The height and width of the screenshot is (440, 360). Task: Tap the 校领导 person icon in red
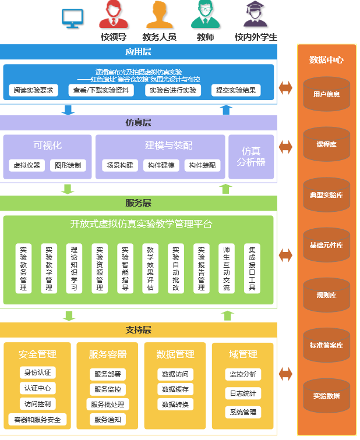pos(114,15)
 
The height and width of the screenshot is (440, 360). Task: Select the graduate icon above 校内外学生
pos(255,15)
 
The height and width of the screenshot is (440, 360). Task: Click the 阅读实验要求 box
pos(34,90)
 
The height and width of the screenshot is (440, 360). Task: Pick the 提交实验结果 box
pos(235,90)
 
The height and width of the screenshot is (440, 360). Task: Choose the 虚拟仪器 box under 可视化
pos(27,165)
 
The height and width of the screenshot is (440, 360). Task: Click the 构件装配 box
pos(203,165)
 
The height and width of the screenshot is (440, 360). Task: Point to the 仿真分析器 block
pos(251,157)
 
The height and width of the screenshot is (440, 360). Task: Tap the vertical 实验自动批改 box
pos(175,268)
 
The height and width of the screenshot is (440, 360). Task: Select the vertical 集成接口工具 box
pos(252,268)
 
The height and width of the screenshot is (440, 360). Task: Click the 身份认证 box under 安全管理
pos(38,372)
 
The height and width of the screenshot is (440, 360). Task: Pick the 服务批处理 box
pos(107,404)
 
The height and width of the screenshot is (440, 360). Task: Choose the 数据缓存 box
pos(175,389)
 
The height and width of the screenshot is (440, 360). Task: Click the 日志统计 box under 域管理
pos(242,393)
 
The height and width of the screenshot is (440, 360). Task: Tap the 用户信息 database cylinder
pos(326,94)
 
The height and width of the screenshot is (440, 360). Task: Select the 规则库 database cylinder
pos(326,295)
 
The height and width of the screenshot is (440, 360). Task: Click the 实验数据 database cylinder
pos(326,396)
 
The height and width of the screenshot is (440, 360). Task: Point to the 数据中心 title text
pos(326,60)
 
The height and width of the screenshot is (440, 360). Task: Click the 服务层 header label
pos(139,203)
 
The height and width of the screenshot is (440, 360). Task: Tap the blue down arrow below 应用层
pos(68,109)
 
